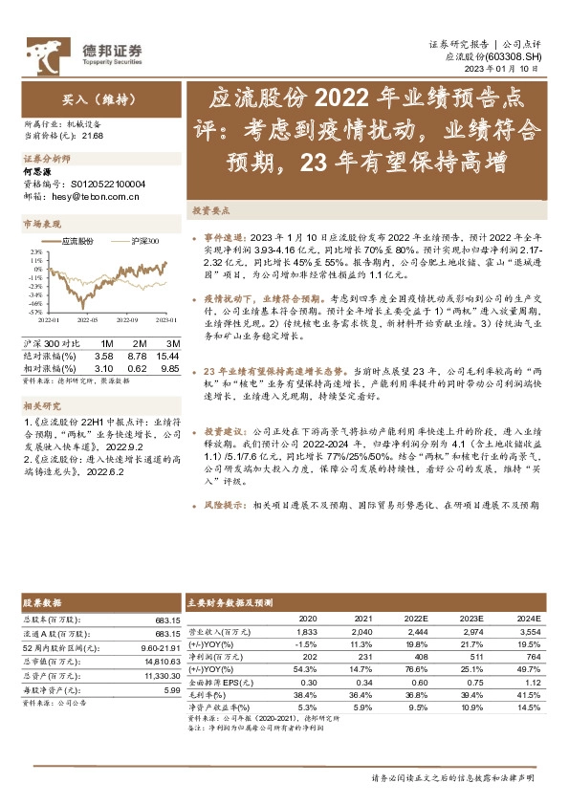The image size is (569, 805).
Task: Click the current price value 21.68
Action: pos(95,135)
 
